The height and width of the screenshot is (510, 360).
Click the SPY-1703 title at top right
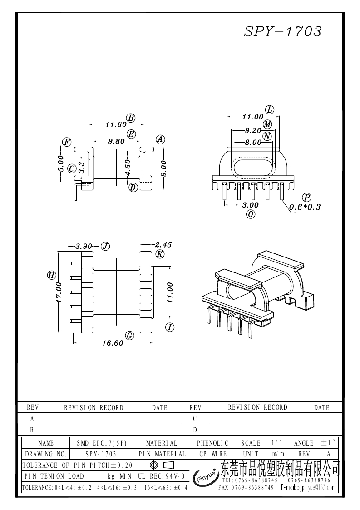[283, 31]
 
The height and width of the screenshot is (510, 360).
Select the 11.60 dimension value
[116, 124]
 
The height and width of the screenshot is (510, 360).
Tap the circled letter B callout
[131, 118]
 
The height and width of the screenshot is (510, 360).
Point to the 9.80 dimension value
[116, 141]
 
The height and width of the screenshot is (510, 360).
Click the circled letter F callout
[67, 142]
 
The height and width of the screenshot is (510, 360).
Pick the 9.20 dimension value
[253, 130]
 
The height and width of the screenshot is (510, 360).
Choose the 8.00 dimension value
[253, 143]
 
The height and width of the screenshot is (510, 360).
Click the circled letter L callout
[270, 110]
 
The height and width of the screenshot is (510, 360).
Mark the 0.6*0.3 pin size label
[305, 207]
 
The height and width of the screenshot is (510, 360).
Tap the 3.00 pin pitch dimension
[251, 205]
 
